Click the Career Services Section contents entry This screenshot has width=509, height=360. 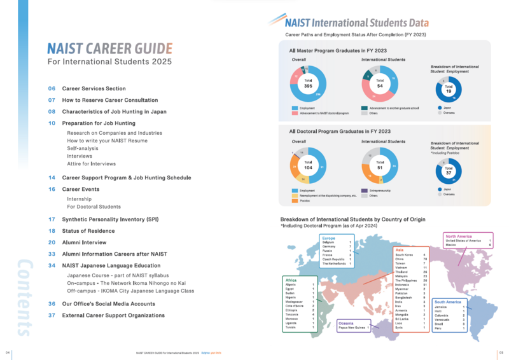(94, 88)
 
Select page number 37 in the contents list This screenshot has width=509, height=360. (52, 315)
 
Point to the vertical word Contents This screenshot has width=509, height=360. (24, 296)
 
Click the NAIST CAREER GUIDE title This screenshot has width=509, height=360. (109, 49)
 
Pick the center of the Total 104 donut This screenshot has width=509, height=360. (309, 165)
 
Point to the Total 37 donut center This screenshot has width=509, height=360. (449, 169)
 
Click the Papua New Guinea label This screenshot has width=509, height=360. (353, 327)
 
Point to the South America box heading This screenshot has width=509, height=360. (449, 301)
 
